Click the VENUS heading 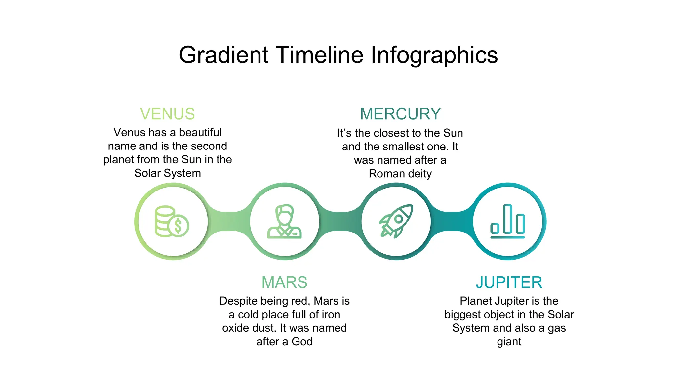tap(167, 114)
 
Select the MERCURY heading tap(400, 114)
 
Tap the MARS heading tap(284, 282)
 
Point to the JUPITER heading tap(509, 282)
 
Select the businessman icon tap(284, 221)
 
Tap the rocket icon tap(396, 221)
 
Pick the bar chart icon tap(508, 221)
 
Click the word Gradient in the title tap(223, 55)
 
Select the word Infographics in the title tap(434, 55)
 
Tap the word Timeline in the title tap(319, 55)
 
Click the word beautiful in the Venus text tap(200, 132)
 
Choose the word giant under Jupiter tap(509, 342)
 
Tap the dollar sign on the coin tap(178, 226)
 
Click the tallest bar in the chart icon tap(508, 219)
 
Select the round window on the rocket tap(399, 219)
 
